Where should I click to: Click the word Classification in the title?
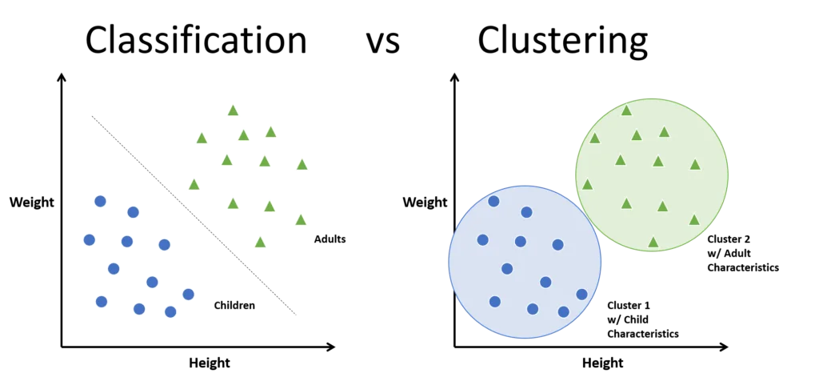(197, 40)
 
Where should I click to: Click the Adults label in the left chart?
(330, 239)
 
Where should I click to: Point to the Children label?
(234, 305)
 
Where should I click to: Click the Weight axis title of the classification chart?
(32, 202)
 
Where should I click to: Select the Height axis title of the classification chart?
(210, 362)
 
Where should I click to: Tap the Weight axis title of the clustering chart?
(425, 202)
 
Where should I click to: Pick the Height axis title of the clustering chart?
(603, 362)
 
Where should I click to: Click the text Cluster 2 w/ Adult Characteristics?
(743, 254)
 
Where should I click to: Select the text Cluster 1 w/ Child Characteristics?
(643, 319)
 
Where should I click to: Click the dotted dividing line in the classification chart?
(194, 215)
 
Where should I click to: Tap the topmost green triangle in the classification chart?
(233, 110)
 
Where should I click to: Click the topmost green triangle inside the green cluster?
(626, 110)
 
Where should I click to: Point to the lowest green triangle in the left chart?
(260, 242)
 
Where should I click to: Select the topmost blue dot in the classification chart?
(100, 201)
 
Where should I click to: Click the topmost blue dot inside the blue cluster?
(493, 201)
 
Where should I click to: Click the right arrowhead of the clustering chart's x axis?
(723, 347)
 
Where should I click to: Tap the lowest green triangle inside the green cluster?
(653, 242)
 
